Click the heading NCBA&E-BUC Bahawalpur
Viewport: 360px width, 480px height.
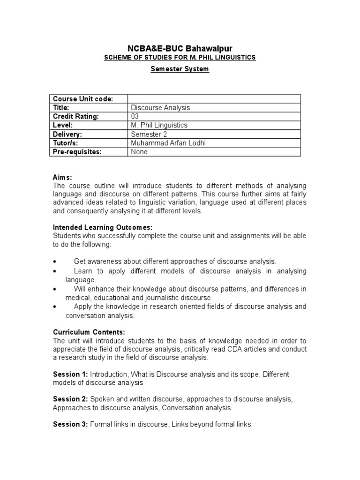(x=180, y=49)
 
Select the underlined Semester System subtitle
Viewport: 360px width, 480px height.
(x=180, y=69)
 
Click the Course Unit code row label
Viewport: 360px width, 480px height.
(x=83, y=98)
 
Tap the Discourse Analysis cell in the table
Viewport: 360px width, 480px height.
(x=161, y=107)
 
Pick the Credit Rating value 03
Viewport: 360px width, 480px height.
(x=135, y=116)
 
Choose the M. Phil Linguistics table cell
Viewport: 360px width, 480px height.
(x=159, y=125)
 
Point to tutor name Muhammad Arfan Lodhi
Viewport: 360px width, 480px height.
(x=169, y=143)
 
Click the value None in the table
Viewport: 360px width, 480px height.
(x=140, y=152)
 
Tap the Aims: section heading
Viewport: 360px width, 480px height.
(x=62, y=177)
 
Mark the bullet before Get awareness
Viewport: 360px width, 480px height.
(x=56, y=262)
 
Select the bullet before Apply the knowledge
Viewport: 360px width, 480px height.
(x=56, y=307)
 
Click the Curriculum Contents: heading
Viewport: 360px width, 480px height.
(x=89, y=332)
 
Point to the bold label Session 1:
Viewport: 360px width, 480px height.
(x=70, y=374)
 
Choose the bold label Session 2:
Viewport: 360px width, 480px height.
(x=70, y=399)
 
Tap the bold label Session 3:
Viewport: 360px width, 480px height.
(x=70, y=424)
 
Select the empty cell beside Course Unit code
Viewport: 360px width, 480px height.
(x=214, y=98)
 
